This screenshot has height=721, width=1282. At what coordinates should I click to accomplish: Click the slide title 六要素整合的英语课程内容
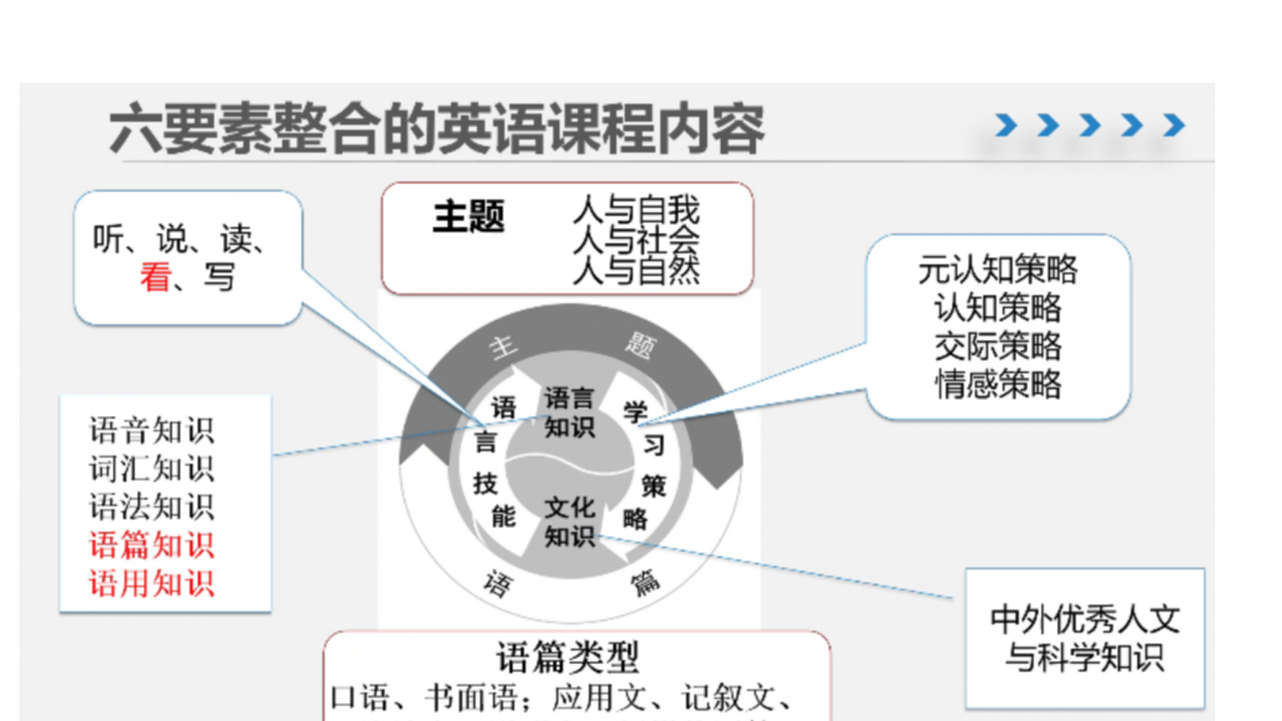point(437,128)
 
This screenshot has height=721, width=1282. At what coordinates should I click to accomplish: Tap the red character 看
point(155,276)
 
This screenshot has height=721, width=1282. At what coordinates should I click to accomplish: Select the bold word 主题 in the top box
point(468,217)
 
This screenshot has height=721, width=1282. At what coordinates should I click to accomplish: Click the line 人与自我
point(636,210)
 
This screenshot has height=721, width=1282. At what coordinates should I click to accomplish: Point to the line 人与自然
point(636,271)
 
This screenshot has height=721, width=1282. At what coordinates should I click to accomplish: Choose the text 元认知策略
point(998,270)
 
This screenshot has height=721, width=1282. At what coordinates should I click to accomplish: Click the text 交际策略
point(998,346)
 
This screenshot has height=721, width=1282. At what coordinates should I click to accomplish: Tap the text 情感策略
point(998,385)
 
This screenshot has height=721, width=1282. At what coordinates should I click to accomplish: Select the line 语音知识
point(152,431)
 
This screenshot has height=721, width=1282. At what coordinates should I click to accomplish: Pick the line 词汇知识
point(152,469)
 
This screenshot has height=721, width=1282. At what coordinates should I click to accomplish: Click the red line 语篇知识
point(152,545)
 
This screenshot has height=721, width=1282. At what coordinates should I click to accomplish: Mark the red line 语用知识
point(152,583)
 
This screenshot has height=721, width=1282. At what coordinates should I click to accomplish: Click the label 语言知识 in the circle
point(569,413)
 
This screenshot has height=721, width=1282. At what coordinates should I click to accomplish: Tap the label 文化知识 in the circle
point(569,522)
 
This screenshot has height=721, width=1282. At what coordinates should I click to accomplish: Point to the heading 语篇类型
point(568,657)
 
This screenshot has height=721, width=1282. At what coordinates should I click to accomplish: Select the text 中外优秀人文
point(1085,620)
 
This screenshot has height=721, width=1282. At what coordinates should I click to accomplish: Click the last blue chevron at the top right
point(1174,125)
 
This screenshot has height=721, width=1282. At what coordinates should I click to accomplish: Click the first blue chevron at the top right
point(1006,125)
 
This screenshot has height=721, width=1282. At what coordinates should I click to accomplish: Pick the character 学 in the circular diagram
point(635,411)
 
